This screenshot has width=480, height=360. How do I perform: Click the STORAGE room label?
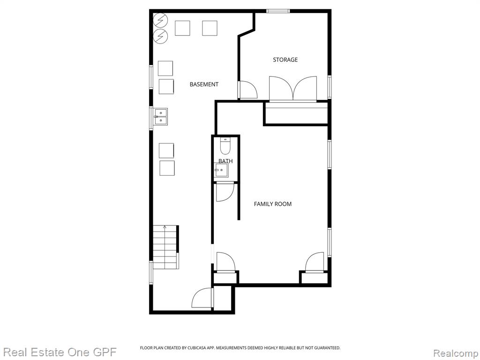point(285,60)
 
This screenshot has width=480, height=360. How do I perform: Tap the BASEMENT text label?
point(204,84)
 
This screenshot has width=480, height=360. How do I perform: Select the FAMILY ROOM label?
point(272,204)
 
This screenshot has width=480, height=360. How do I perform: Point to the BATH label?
point(225,161)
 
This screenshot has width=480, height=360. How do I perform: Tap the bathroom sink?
point(221,170)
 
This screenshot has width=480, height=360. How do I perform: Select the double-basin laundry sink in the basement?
point(160,117)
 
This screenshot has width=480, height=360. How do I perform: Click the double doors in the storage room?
point(293,89)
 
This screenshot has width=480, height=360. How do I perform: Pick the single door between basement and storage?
point(247,90)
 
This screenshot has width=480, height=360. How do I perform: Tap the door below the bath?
point(225,192)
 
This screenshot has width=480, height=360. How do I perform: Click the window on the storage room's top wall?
point(277,11)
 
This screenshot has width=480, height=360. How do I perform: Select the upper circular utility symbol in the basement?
point(160,20)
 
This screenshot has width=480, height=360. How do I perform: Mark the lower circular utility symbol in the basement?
point(160,37)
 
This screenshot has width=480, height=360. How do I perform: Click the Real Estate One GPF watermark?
point(60,352)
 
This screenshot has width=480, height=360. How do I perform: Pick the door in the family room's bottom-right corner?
point(315,262)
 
